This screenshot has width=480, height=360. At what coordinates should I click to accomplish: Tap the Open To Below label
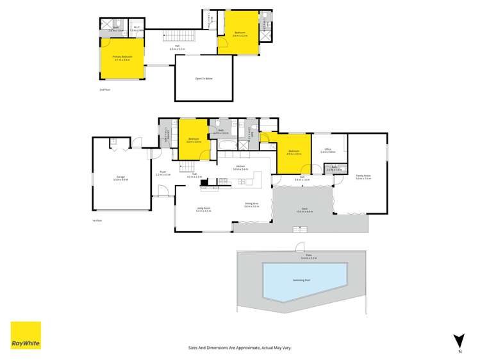pos(204,78)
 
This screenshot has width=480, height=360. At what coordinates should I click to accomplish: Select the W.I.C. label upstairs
pos(135,28)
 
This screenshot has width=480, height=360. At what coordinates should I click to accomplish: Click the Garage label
pos(120,177)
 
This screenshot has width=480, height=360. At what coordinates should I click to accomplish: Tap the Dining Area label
pos(251,204)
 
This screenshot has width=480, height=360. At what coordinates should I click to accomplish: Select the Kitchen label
pos(241,167)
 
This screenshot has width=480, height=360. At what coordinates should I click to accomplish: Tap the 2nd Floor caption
pos(105,90)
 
